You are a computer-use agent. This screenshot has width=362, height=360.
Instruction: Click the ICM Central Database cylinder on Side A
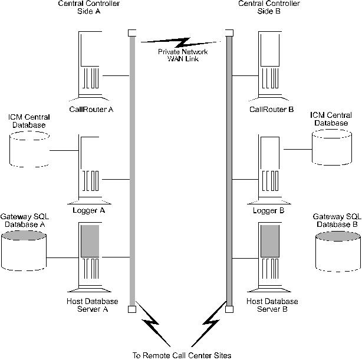tap(29, 148)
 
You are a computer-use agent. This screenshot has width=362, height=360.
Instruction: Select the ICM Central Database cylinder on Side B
tap(333, 148)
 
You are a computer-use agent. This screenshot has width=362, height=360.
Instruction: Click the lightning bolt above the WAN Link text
tap(179, 42)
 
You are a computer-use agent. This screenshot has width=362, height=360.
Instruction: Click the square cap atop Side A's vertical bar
tap(132, 33)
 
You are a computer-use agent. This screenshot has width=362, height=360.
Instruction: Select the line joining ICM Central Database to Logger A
tap(64, 150)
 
